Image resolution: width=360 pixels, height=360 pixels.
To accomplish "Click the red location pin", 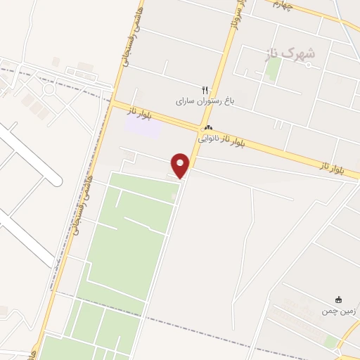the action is click(x=181, y=165).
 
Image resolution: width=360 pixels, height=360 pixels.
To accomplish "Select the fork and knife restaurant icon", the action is click(x=205, y=90).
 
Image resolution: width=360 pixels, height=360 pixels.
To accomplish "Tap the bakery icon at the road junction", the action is click(x=207, y=128).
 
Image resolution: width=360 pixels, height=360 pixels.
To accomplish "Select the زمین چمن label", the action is click(x=340, y=311).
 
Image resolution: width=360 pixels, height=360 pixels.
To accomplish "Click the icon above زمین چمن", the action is click(x=340, y=300).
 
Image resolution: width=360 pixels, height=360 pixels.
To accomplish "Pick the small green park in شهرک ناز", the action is click(x=274, y=68).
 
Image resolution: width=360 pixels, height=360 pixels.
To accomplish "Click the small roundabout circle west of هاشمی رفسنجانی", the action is click(x=49, y=89).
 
